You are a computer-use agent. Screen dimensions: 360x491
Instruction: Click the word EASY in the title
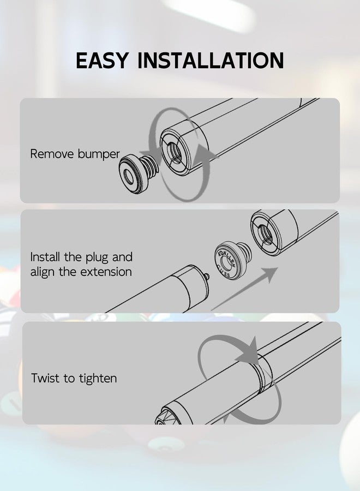[102, 60]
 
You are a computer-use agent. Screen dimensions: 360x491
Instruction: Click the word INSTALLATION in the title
[211, 60]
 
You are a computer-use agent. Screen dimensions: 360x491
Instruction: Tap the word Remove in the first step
[52, 154]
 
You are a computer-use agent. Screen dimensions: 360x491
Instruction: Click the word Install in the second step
[45, 257]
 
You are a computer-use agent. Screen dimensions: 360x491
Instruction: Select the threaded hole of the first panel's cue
[176, 152]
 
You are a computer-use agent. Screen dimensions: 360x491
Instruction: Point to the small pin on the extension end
[206, 277]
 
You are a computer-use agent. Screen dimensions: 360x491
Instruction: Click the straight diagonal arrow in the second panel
[245, 289]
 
